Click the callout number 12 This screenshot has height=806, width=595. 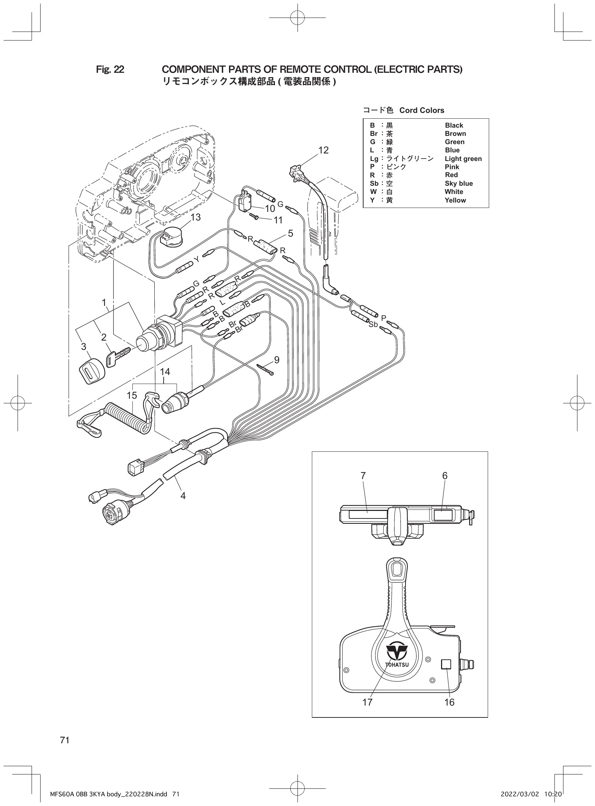(323, 150)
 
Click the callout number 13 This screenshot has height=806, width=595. (196, 217)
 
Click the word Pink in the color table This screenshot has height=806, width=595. (452, 167)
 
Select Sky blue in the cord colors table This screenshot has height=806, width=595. (459, 183)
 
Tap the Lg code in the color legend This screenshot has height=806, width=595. (374, 159)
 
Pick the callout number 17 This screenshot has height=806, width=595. (367, 702)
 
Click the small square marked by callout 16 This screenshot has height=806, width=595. (446, 664)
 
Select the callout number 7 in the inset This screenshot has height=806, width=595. (363, 476)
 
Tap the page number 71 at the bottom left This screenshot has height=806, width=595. (65, 740)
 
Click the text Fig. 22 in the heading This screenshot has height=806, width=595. (110, 70)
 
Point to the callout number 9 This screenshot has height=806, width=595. (277, 360)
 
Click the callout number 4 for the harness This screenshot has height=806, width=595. (183, 496)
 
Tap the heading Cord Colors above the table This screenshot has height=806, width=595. (421, 110)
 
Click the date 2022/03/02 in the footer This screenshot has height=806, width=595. (519, 794)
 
